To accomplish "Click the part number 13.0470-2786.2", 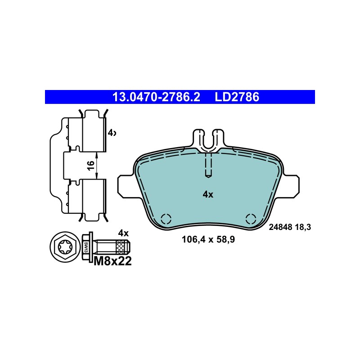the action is [156, 97].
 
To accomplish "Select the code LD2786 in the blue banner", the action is [237, 97].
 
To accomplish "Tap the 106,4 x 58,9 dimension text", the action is [208, 240].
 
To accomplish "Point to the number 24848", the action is [280, 227].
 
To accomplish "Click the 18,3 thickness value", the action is [302, 227].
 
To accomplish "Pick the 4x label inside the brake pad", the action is [208, 195].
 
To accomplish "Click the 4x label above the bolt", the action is [123, 233].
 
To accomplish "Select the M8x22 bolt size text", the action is [113, 261].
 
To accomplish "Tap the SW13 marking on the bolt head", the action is [86, 247].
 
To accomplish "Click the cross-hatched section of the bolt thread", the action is [121, 247].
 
